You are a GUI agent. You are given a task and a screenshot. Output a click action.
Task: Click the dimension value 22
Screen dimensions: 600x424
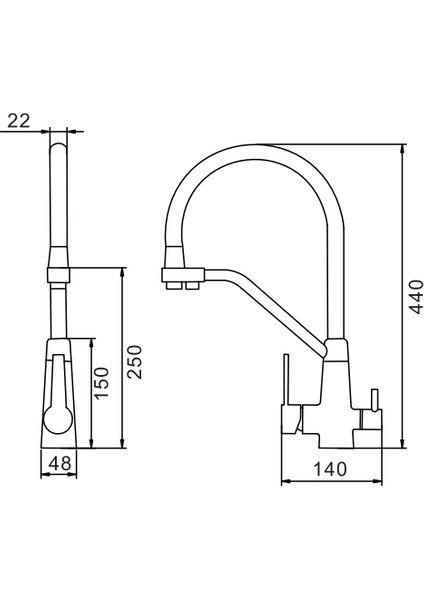(x=18, y=120)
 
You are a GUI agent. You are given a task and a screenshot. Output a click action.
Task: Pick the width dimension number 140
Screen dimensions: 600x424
(x=331, y=468)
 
